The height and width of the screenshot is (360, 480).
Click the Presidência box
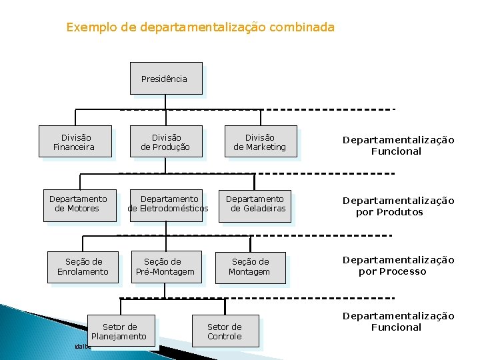click(x=165, y=79)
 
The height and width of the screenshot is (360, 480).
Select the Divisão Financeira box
click(x=75, y=142)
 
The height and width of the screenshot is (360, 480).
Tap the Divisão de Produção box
click(x=165, y=142)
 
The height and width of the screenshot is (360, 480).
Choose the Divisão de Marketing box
click(x=259, y=142)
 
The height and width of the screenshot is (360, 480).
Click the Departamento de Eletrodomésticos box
click(x=168, y=204)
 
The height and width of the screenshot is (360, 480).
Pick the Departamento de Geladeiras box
click(x=256, y=204)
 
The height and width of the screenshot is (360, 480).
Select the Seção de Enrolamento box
click(x=83, y=267)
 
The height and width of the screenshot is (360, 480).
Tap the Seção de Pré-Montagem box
click(x=165, y=267)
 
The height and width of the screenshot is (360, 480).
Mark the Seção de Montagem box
click(x=249, y=267)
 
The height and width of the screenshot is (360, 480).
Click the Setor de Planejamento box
click(x=120, y=331)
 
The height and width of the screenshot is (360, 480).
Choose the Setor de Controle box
click(x=225, y=331)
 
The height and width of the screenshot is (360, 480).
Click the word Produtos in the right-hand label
click(x=398, y=212)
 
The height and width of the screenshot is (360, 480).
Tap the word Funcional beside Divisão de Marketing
click(x=396, y=151)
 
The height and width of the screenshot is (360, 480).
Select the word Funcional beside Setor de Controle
click(x=396, y=327)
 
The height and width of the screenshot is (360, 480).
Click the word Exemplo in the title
click(x=87, y=27)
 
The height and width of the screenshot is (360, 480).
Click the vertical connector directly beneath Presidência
click(x=166, y=102)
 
